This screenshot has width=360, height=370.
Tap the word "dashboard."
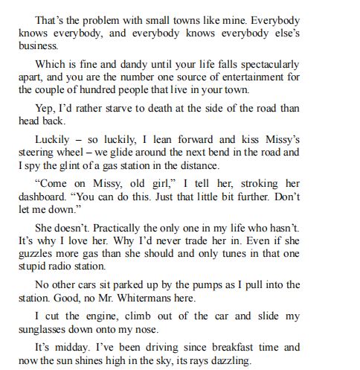coord(45,197)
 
